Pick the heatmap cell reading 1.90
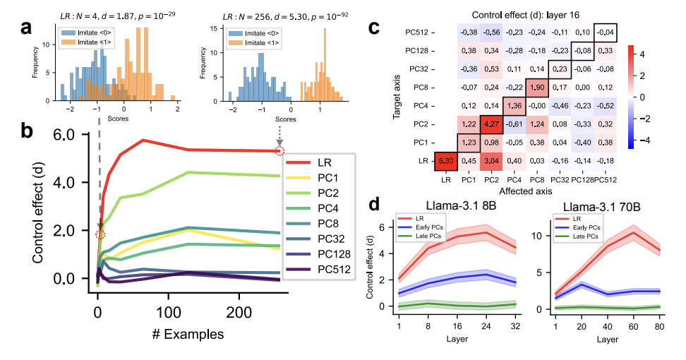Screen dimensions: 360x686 pyautogui.click(x=538, y=87)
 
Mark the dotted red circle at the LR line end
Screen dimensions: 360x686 pyautogui.click(x=280, y=151)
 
